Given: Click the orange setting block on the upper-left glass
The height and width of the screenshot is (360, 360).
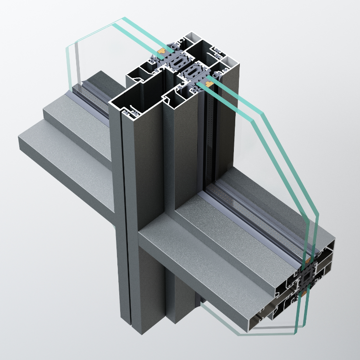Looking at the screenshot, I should click(x=161, y=49).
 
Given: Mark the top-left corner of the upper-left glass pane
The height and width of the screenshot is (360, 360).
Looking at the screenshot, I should click(x=122, y=19).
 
